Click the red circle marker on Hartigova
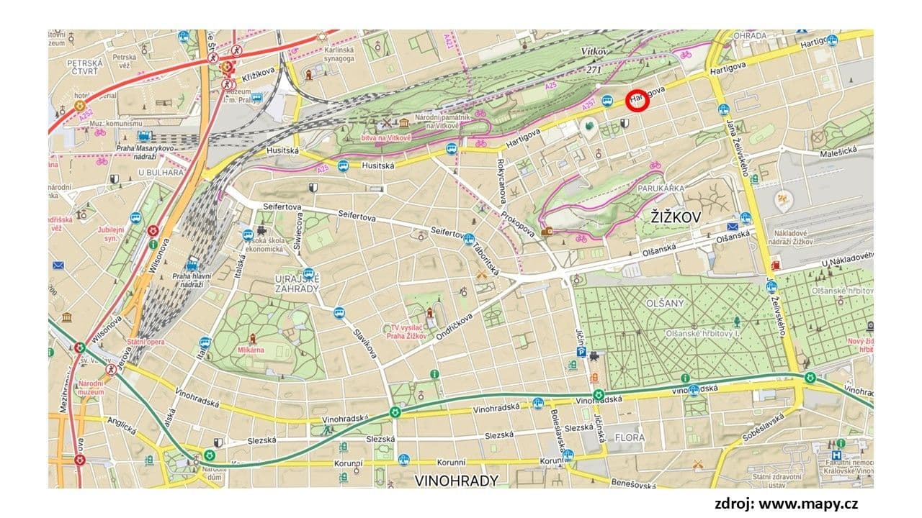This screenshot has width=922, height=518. (x=637, y=101)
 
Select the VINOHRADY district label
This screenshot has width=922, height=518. (x=456, y=479)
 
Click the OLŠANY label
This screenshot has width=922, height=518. (x=666, y=303)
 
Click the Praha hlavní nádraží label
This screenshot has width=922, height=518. (x=192, y=280)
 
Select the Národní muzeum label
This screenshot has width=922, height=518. (x=91, y=388)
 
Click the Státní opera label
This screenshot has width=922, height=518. (x=146, y=342)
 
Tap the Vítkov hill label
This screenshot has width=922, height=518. (x=596, y=52)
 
